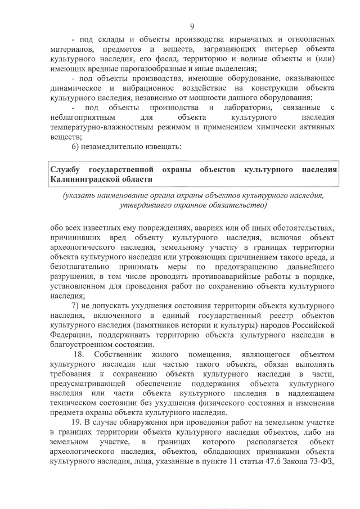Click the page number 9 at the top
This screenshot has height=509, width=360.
(x=192, y=26)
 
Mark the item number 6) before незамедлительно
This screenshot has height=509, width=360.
(x=77, y=147)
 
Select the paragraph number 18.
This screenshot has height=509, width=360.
(x=79, y=354)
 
